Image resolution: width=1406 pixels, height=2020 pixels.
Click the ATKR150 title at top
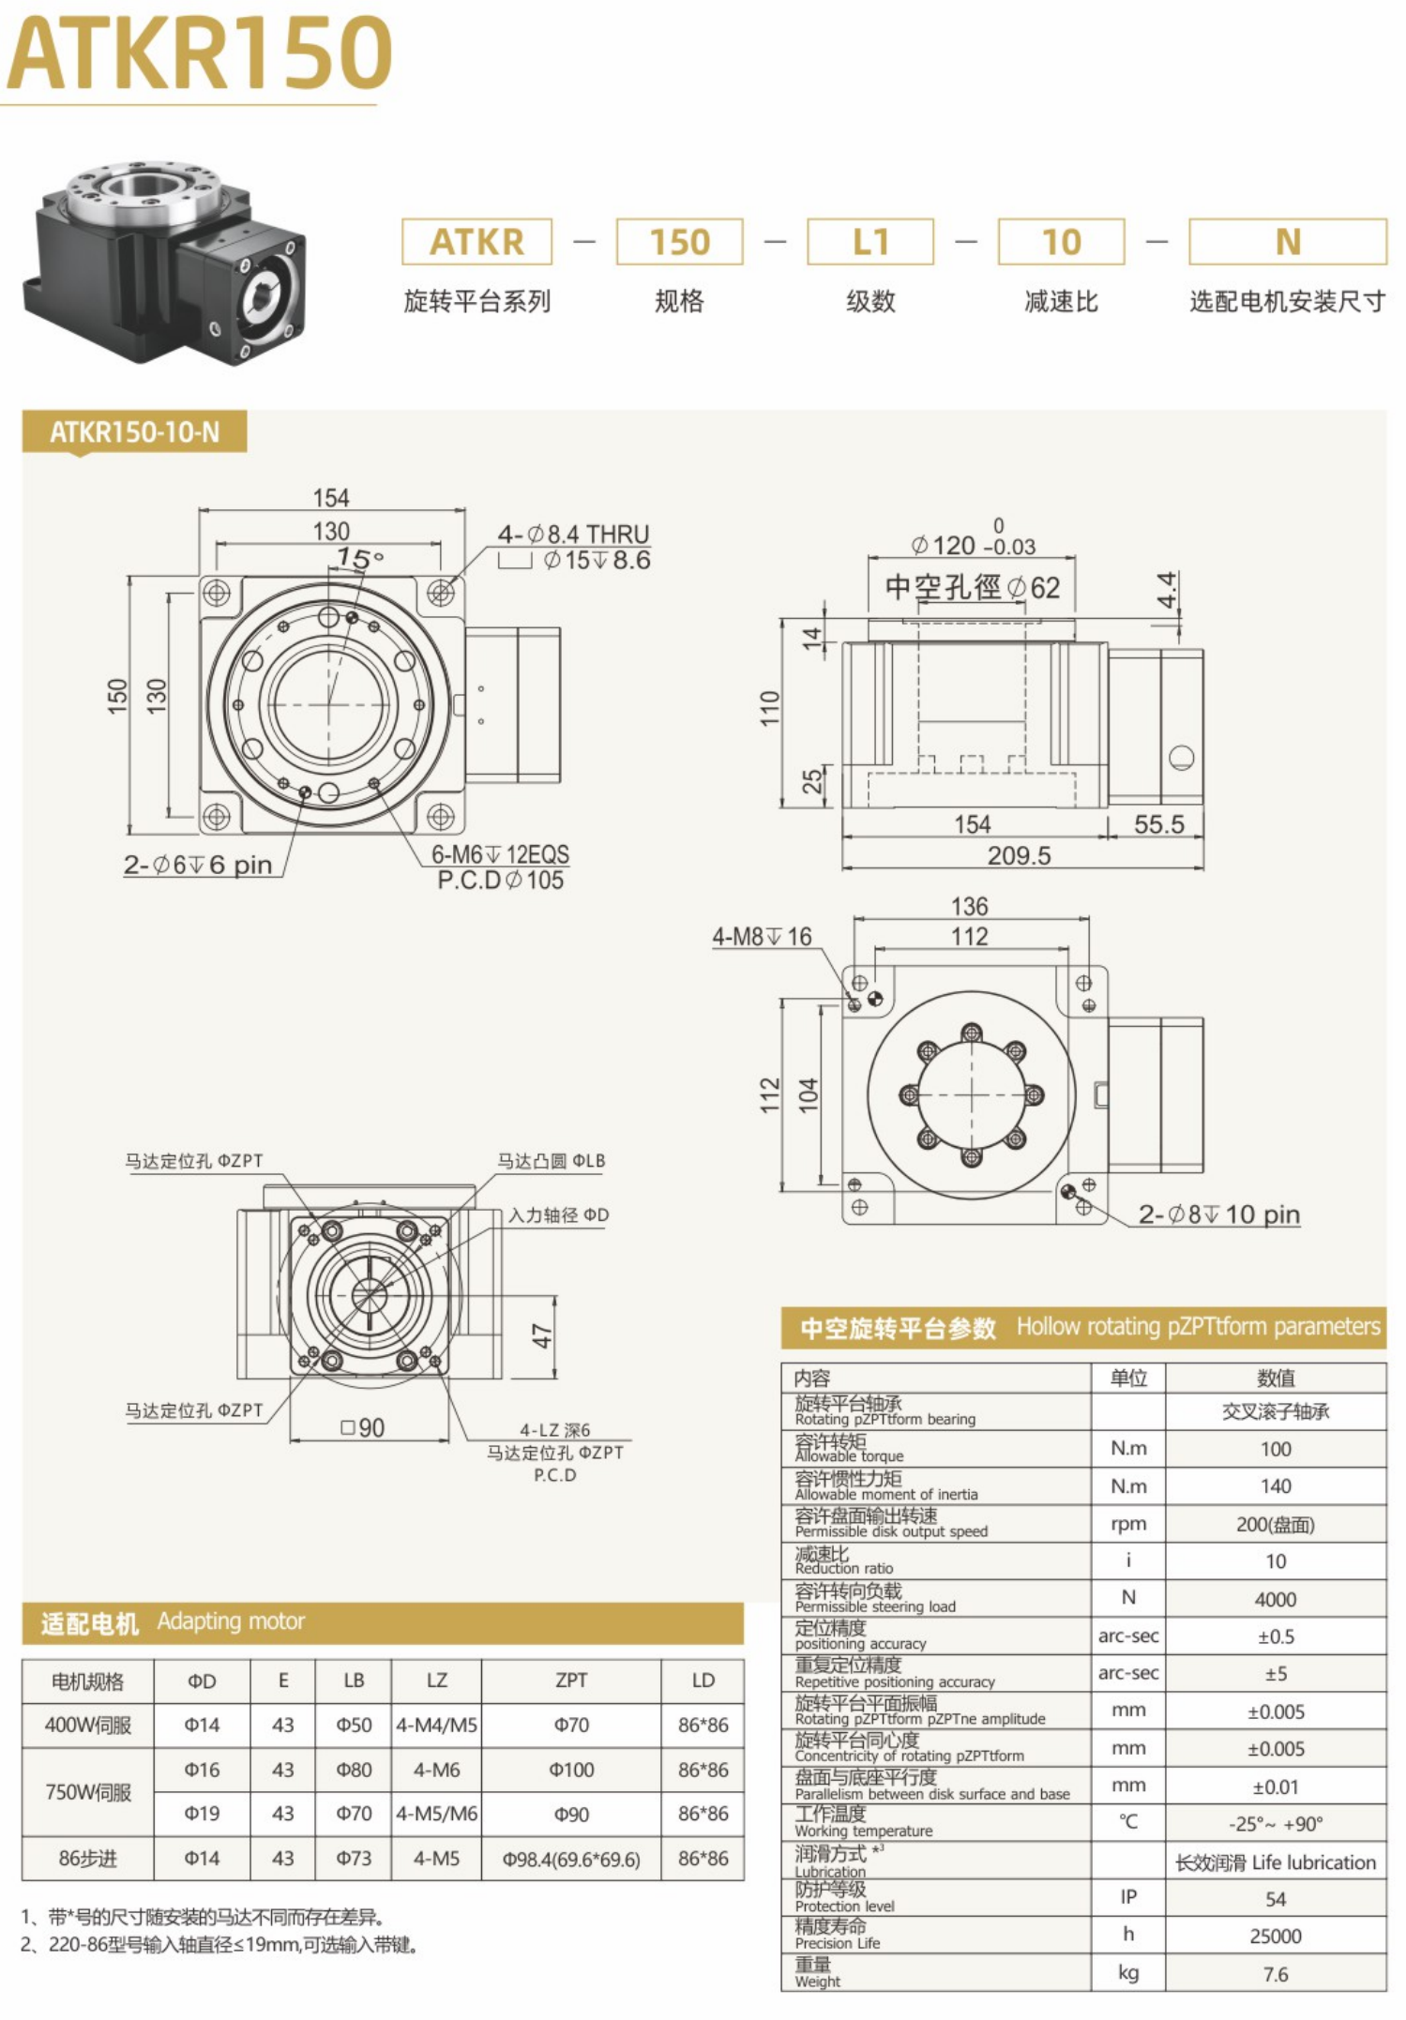click(x=199, y=53)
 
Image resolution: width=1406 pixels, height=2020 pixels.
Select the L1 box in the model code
click(x=869, y=242)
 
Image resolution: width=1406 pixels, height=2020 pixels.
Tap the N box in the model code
click(x=1287, y=242)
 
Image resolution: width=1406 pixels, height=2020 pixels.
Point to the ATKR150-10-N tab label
click(x=134, y=432)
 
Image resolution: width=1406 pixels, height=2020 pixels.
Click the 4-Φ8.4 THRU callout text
click(x=573, y=535)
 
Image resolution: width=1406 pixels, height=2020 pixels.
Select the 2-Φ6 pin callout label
click(x=198, y=865)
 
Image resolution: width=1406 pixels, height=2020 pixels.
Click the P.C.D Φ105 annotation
click(x=501, y=881)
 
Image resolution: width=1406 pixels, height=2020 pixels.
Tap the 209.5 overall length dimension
click(x=1019, y=855)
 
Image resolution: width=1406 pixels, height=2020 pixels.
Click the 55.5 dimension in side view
click(x=1158, y=824)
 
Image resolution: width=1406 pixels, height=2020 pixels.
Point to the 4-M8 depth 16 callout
click(x=762, y=937)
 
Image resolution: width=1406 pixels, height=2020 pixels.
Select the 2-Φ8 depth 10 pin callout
click(x=1218, y=1214)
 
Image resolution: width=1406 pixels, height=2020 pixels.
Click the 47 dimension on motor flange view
click(x=542, y=1336)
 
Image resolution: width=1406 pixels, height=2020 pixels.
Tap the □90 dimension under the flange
click(x=363, y=1428)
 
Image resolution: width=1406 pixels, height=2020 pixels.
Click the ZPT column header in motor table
click(x=570, y=1681)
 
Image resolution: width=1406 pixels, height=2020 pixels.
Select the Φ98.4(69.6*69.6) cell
click(x=570, y=1859)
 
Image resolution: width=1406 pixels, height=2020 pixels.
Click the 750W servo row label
click(x=88, y=1792)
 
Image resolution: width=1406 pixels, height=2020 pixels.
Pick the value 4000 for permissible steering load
click(x=1275, y=1600)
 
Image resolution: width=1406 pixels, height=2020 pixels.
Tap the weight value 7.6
click(x=1275, y=1974)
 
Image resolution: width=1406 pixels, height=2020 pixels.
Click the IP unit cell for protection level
click(x=1127, y=1897)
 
